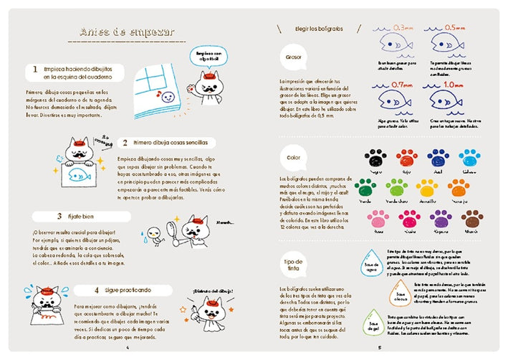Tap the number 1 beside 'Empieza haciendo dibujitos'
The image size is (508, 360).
[x=34, y=70]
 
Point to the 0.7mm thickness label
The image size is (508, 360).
[x=403, y=85]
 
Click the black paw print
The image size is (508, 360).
[x=373, y=157]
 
